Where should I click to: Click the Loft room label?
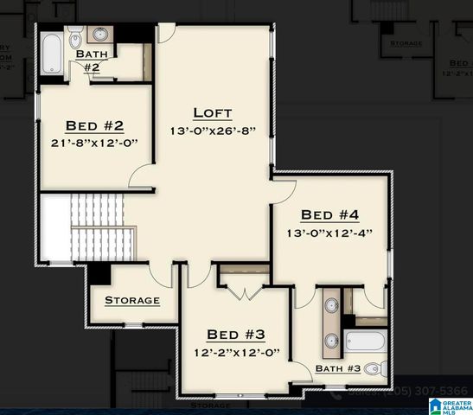pos(212,112)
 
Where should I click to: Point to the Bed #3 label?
pos(235,335)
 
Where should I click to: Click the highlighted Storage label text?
pos(132,300)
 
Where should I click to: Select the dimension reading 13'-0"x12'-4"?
pos(329,233)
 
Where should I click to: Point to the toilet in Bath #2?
pos(75,37)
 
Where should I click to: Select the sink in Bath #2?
pos(100,35)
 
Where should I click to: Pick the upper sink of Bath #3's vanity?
pos(331,307)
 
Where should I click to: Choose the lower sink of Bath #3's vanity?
pos(331,340)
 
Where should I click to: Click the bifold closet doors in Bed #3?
pos(246,291)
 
